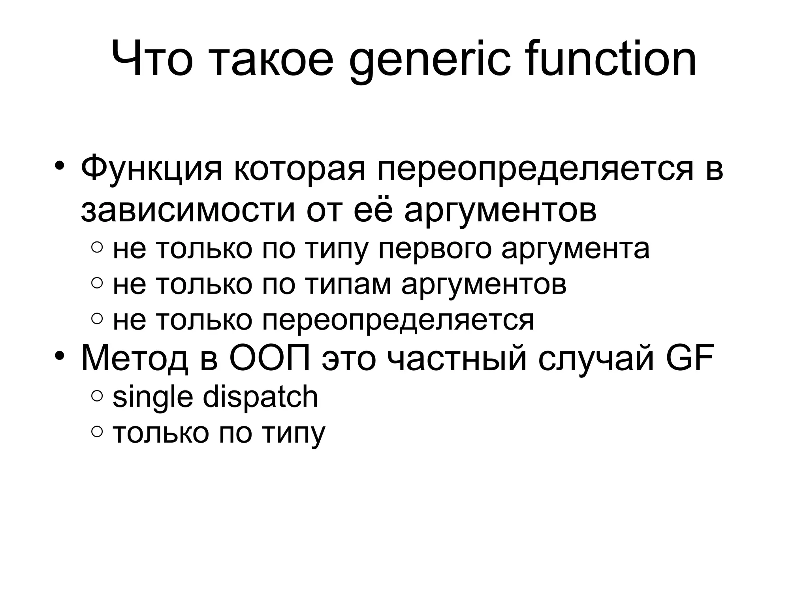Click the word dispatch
coord(260,397)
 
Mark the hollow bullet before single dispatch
coord(97,396)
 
